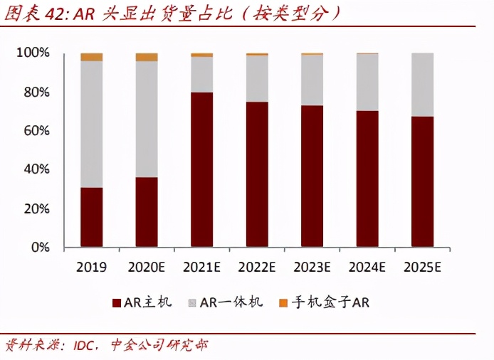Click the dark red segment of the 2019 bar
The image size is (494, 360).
[x=91, y=218]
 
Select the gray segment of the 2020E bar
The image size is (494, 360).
[x=147, y=119]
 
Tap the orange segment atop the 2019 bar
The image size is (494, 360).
[x=91, y=57]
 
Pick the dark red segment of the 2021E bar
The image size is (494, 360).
[x=201, y=170]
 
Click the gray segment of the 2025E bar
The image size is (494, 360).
[x=422, y=85]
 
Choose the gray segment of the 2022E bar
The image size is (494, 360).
[x=257, y=78]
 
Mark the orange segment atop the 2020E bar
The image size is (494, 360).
[x=147, y=57]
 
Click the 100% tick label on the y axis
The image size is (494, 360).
[x=33, y=53]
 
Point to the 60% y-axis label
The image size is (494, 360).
[x=36, y=132]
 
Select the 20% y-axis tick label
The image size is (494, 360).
[x=36, y=209]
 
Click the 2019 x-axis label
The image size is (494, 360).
[x=91, y=268]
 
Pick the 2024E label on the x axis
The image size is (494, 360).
[x=367, y=268]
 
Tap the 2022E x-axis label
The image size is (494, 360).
[x=257, y=268]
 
